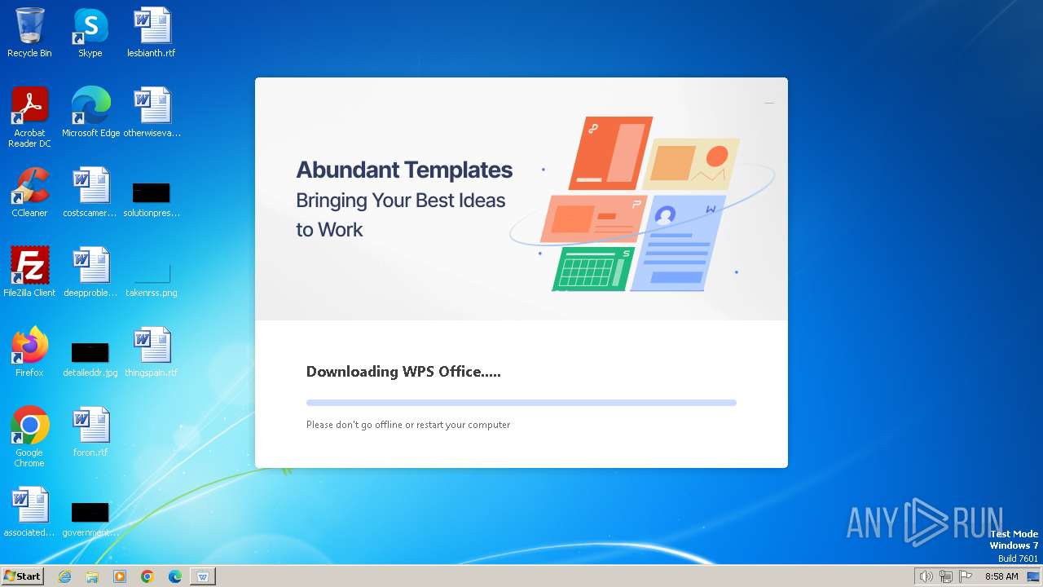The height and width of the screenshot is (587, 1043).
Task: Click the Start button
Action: click(x=22, y=576)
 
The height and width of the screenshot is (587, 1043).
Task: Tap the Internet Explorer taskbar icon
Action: click(x=65, y=576)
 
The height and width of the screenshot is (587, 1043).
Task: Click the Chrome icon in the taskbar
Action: click(x=147, y=576)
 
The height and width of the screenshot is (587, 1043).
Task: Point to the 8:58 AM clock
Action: click(x=1001, y=576)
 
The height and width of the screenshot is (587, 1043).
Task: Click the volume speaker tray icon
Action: click(x=926, y=576)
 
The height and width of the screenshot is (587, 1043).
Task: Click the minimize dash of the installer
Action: click(x=769, y=104)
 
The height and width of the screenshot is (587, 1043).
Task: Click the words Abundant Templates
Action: click(x=404, y=170)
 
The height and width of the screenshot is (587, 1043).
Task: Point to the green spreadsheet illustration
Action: click(x=593, y=269)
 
